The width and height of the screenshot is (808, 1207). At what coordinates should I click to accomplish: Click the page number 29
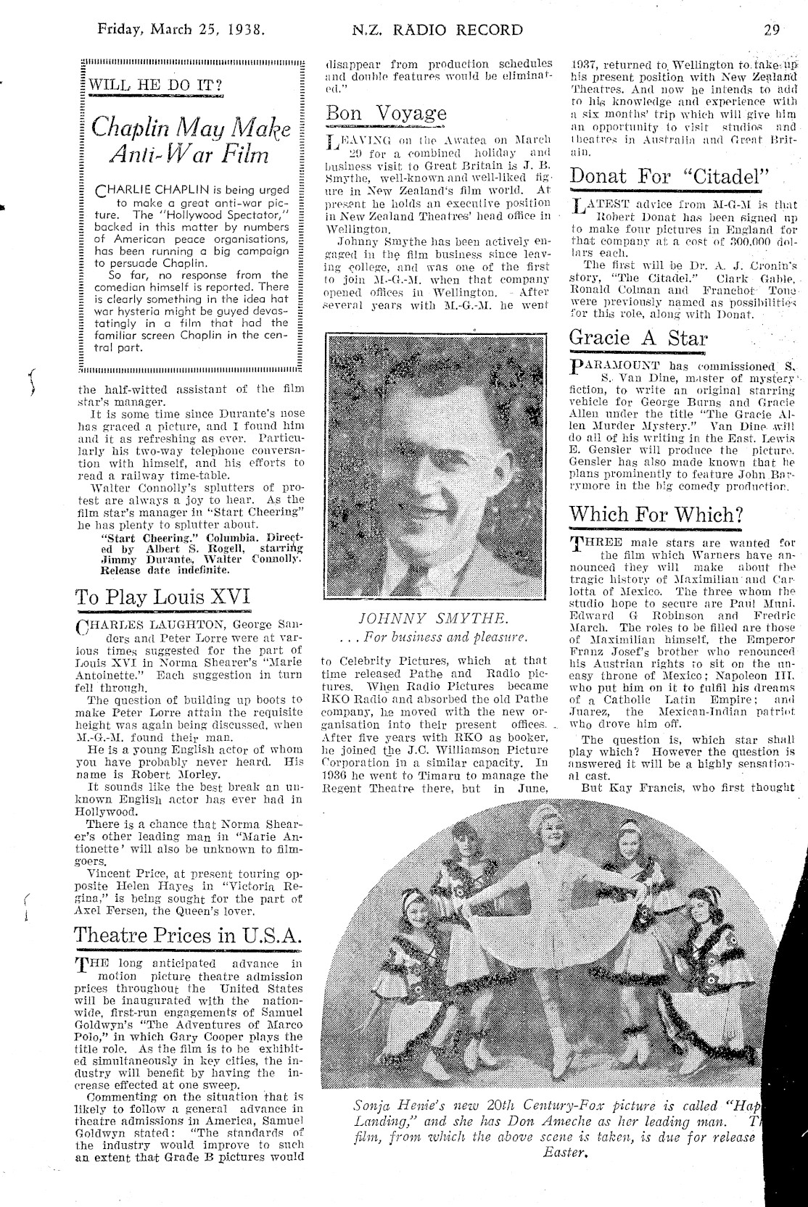click(771, 30)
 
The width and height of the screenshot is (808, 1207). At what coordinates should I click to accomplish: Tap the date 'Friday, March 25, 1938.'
click(181, 30)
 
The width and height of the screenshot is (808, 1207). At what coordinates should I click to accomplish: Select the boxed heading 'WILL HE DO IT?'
click(155, 86)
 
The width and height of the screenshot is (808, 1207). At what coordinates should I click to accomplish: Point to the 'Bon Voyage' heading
click(387, 113)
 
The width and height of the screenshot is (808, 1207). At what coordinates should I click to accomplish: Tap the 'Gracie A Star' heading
click(638, 337)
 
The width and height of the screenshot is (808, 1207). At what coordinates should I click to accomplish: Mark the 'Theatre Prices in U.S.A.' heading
click(189, 934)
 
